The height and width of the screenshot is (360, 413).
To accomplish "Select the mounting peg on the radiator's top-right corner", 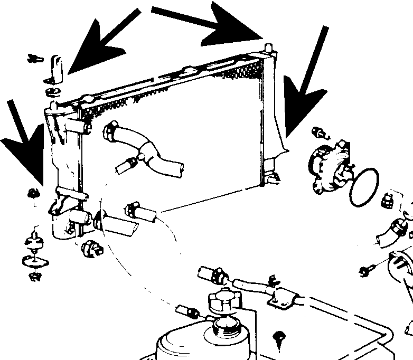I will pos(268,49).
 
